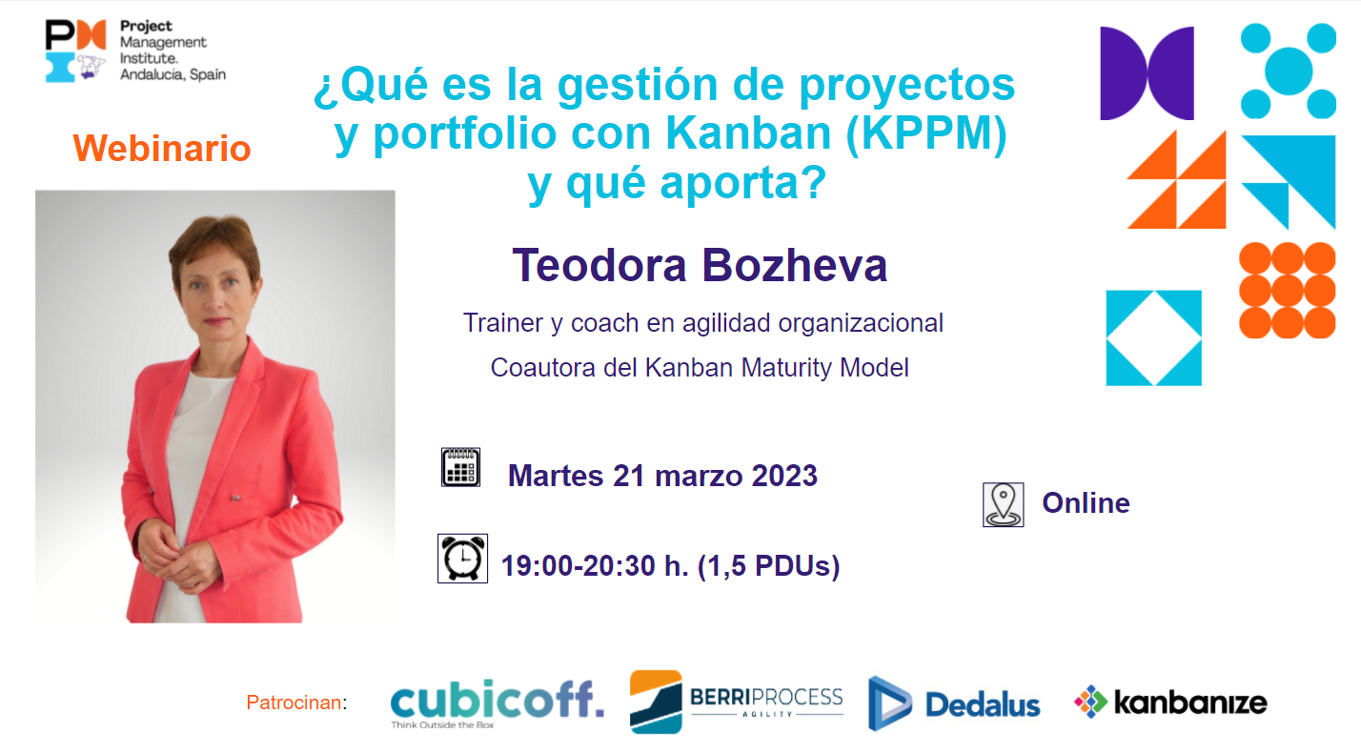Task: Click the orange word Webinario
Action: click(x=162, y=149)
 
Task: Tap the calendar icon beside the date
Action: click(x=460, y=467)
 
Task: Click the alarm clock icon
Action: click(x=462, y=559)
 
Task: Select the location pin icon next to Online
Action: click(x=1004, y=504)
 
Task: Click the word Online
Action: click(x=1086, y=503)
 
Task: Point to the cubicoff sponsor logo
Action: click(x=497, y=703)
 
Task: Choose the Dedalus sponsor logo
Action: click(x=954, y=703)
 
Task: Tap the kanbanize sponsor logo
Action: click(x=1170, y=703)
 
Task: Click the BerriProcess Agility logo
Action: click(x=737, y=702)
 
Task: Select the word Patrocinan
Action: click(x=295, y=703)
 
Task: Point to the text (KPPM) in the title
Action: click(x=926, y=133)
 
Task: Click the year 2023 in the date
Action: click(x=784, y=476)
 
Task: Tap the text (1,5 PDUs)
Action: click(x=768, y=565)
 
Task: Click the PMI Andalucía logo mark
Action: click(x=76, y=51)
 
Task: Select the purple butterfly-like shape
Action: click(x=1148, y=72)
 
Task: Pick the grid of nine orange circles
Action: click(x=1287, y=291)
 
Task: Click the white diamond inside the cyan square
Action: click(x=1154, y=337)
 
